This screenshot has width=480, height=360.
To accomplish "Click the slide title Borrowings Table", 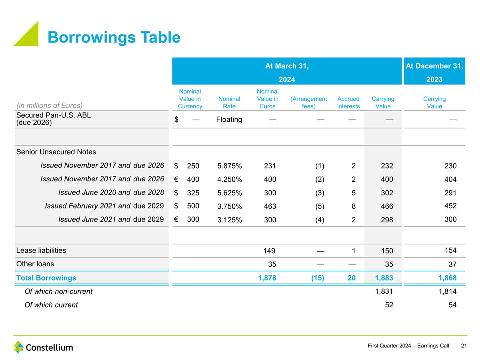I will tap(113, 37).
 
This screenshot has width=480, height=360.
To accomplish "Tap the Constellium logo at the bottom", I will tap(43, 347).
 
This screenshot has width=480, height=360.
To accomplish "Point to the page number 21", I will tap(464, 346).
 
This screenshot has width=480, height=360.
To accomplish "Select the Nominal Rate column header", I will tap(229, 102).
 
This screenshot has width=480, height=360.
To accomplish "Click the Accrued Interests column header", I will tap(348, 102).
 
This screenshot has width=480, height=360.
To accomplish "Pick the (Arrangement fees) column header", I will tap(309, 102).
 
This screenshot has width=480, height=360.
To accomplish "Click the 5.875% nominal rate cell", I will tap(230, 166).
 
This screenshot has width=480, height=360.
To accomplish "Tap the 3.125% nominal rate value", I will tap(230, 220).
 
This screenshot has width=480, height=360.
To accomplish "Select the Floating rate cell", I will tap(229, 120).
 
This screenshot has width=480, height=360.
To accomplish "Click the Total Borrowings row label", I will tap(46, 278).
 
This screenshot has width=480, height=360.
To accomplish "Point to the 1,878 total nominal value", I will tap(266, 278).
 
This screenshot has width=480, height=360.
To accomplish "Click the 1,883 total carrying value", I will tap(383, 278).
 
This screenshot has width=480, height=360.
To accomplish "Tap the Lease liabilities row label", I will tap(41, 250).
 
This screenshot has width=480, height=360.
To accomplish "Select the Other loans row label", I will tap(35, 264).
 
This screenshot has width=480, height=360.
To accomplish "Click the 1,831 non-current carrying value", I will tap(383, 291).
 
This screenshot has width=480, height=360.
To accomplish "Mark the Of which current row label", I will tap(51, 305).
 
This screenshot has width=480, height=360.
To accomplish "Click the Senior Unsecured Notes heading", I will tap(56, 152).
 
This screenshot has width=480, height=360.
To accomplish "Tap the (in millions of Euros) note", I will tap(49, 105).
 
